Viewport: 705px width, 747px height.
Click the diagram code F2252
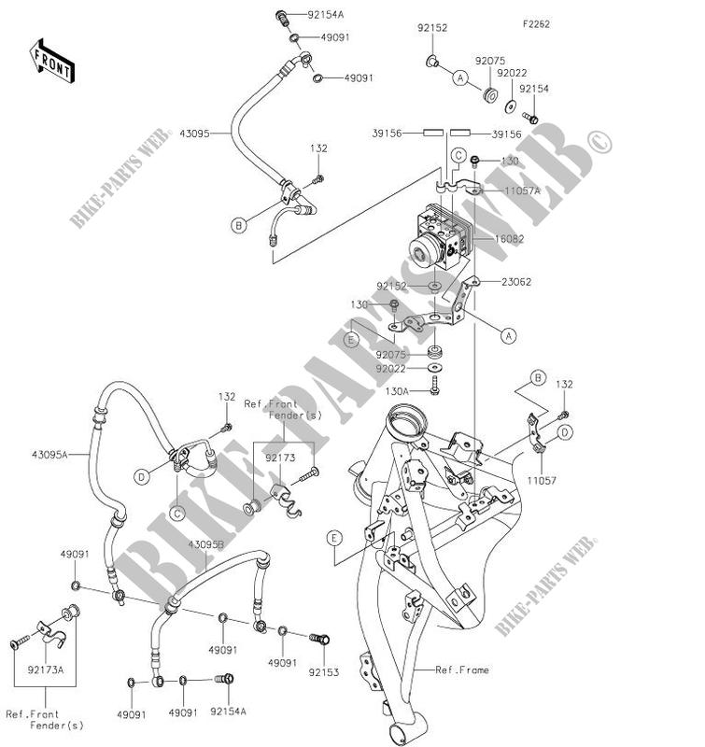(535, 22)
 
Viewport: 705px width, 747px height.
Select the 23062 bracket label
(517, 281)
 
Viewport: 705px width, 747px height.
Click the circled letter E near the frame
(333, 537)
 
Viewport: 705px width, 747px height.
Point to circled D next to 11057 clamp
(565, 432)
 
